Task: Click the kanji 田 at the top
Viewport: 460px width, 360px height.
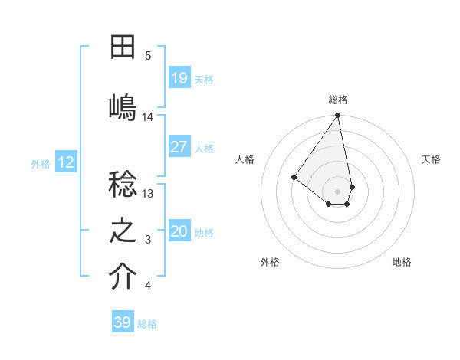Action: point(123,47)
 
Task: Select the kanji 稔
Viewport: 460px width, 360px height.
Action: point(123,185)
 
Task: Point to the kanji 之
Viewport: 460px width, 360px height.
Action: point(123,231)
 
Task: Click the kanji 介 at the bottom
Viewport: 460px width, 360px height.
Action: point(123,278)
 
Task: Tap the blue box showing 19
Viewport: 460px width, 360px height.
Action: point(179,78)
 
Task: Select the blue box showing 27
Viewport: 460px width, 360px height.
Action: point(179,147)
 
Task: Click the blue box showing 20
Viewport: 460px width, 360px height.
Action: point(179,231)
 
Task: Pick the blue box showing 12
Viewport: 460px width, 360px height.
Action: point(66,162)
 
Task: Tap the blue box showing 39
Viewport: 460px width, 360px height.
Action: point(123,322)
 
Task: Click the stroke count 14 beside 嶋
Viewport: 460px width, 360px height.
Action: point(148,117)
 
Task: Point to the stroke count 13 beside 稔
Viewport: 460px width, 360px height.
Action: point(148,194)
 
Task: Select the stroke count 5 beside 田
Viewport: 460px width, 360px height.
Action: point(148,56)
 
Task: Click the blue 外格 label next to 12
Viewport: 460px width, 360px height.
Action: point(41,163)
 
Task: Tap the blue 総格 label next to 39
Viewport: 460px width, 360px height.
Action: point(147,324)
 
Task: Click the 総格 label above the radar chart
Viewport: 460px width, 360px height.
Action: point(338,100)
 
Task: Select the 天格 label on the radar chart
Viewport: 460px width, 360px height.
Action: point(431,159)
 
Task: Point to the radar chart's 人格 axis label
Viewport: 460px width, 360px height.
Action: point(245,159)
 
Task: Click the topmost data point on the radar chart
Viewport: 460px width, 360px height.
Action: point(338,116)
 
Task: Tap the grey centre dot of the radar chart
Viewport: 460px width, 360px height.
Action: point(338,191)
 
